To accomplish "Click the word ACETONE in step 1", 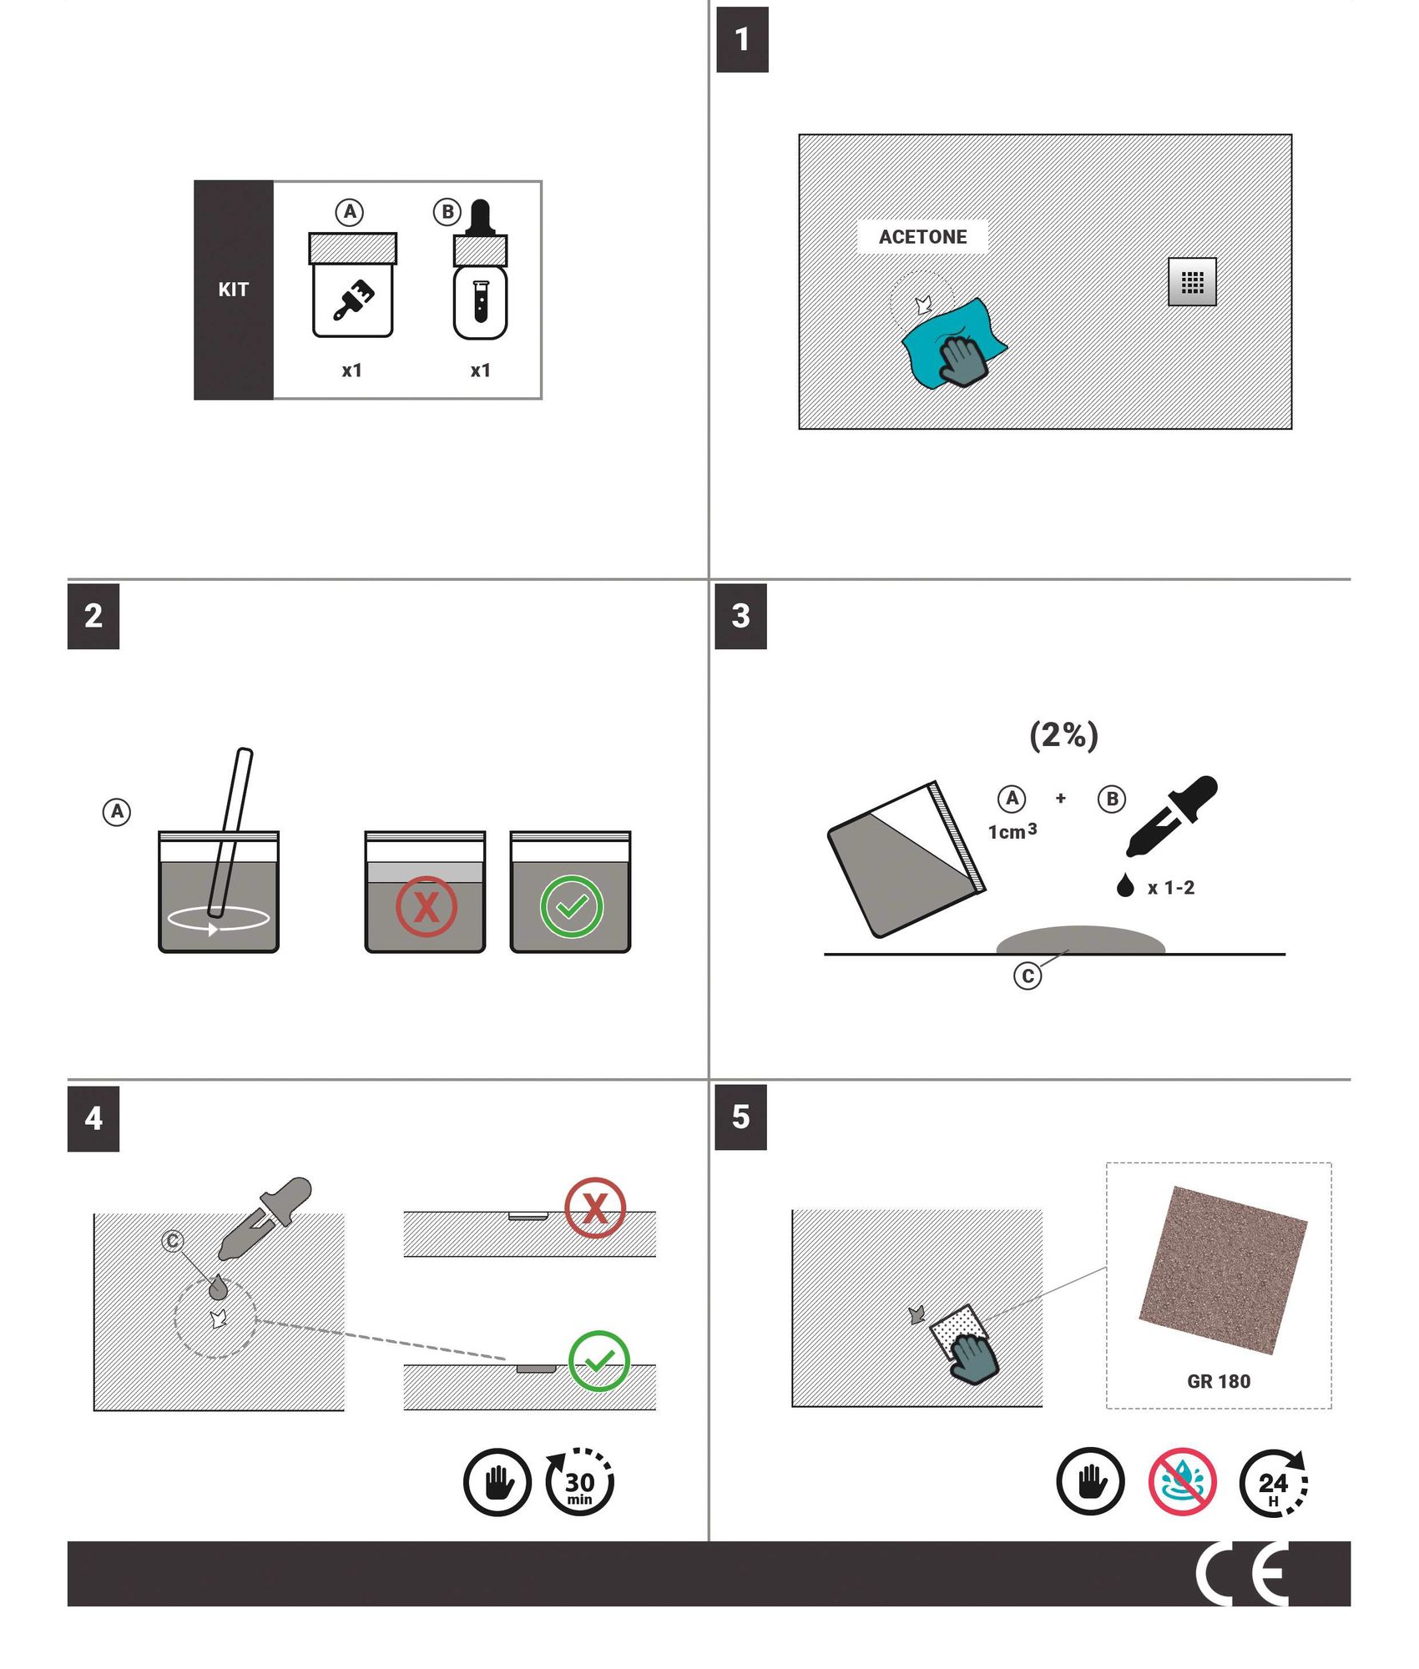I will (x=922, y=237).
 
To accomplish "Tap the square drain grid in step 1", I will (x=1192, y=282).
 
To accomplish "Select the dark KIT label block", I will (x=234, y=290).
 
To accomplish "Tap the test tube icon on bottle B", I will (x=480, y=301).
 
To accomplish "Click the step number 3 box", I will (x=740, y=617).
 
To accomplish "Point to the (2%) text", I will (x=1063, y=735).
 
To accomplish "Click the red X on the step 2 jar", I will (x=426, y=906).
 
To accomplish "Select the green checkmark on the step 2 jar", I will (x=571, y=906).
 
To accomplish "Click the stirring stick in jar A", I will (x=231, y=834).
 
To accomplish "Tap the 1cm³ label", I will (x=1012, y=832).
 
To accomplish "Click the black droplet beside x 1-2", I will (x=1125, y=885).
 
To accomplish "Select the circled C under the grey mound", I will (x=1028, y=976).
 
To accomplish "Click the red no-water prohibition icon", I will (x=1182, y=1482).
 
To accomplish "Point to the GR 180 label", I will (x=1218, y=1382).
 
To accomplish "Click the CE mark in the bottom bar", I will (x=1242, y=1574).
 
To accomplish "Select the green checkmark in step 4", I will (x=598, y=1361).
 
